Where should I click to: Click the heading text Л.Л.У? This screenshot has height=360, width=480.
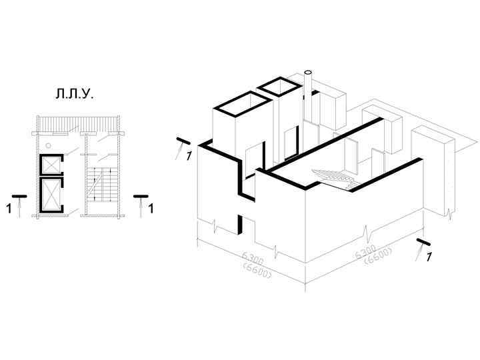coord(74,95)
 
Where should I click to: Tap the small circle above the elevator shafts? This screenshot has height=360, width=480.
coord(48,145)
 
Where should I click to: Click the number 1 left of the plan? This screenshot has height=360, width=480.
coord(9,209)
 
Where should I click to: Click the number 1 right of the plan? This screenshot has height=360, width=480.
coord(151,209)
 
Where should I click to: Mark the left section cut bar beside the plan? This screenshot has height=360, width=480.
coord(19,196)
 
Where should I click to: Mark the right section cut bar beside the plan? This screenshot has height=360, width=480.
coord(140,196)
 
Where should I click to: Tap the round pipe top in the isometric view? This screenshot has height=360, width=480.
coord(308,72)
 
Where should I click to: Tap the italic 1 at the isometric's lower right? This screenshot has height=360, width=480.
coord(430,256)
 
